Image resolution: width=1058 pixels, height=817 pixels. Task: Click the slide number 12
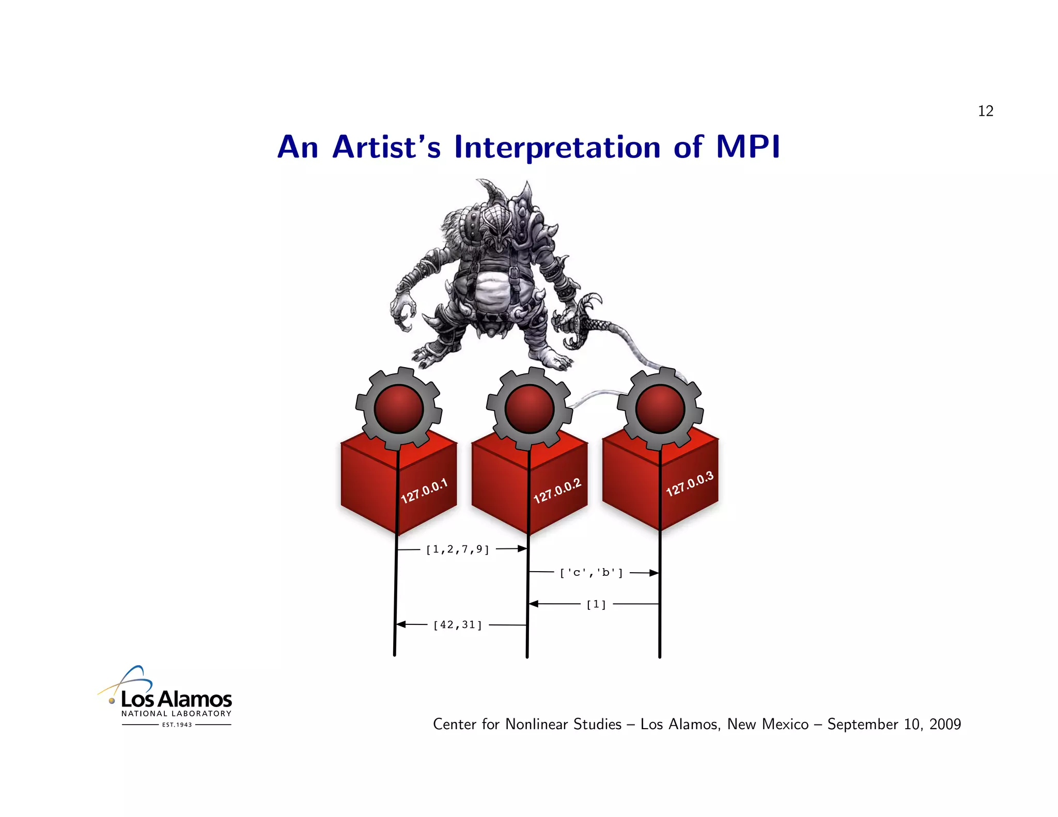pyautogui.click(x=985, y=111)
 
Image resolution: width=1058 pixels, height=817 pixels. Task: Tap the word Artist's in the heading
pyautogui.click(x=386, y=147)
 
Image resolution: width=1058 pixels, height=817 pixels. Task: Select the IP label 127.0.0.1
pyautogui.click(x=424, y=491)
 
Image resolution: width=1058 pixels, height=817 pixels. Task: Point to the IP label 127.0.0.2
pyautogui.click(x=557, y=491)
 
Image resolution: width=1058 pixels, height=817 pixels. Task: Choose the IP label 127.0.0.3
pyautogui.click(x=689, y=484)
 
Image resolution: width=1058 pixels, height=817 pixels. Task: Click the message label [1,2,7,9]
pyautogui.click(x=458, y=549)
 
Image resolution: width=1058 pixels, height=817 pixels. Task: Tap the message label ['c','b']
pyautogui.click(x=592, y=573)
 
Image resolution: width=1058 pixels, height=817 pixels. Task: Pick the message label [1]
pyautogui.click(x=596, y=604)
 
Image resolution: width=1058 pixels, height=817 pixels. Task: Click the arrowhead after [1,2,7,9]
pyautogui.click(x=522, y=548)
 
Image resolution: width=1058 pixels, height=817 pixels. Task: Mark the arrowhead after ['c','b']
pyautogui.click(x=654, y=573)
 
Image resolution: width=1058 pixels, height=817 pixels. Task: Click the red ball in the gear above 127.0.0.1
pyautogui.click(x=398, y=409)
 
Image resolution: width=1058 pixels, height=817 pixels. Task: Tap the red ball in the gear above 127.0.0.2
pyautogui.click(x=530, y=409)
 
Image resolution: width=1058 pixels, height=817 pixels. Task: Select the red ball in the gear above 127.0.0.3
pyautogui.click(x=660, y=409)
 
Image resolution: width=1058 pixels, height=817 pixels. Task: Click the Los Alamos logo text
pyautogui.click(x=176, y=699)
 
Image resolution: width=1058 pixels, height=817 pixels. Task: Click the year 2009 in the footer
pyautogui.click(x=945, y=724)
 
